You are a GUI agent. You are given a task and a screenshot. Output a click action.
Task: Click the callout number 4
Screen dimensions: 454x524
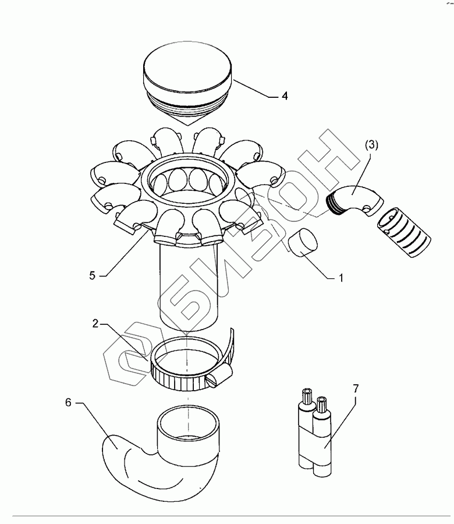point(285,96)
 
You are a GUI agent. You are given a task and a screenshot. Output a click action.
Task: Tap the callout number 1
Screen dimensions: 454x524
point(342,278)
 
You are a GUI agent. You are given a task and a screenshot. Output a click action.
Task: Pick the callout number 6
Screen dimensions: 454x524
point(68,403)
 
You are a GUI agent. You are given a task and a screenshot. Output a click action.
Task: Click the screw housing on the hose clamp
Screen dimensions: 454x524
point(219,381)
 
